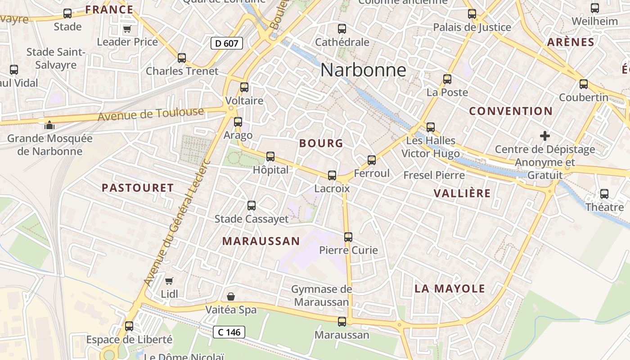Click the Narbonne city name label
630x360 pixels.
(x=363, y=70)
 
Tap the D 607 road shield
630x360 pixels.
(x=227, y=43)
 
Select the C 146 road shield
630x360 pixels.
(x=229, y=332)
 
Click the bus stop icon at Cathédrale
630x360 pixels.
(x=342, y=29)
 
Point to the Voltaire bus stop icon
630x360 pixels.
(x=244, y=87)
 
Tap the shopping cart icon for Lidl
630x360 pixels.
(x=169, y=281)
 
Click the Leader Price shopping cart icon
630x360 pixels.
(x=127, y=29)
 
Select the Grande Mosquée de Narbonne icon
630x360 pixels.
(x=49, y=125)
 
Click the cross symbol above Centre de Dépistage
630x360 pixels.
(x=545, y=135)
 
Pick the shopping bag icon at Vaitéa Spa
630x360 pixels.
(x=231, y=296)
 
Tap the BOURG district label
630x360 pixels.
(x=321, y=144)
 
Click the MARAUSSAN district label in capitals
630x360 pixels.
(x=261, y=241)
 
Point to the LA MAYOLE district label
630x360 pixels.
(x=450, y=289)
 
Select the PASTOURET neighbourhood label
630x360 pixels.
(x=138, y=188)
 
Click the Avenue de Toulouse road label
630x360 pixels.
(x=151, y=114)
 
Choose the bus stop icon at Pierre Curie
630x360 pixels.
(x=348, y=237)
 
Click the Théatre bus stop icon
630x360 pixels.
(x=604, y=194)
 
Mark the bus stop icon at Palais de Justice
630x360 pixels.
(x=472, y=14)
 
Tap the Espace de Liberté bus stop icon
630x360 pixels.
(x=129, y=326)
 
